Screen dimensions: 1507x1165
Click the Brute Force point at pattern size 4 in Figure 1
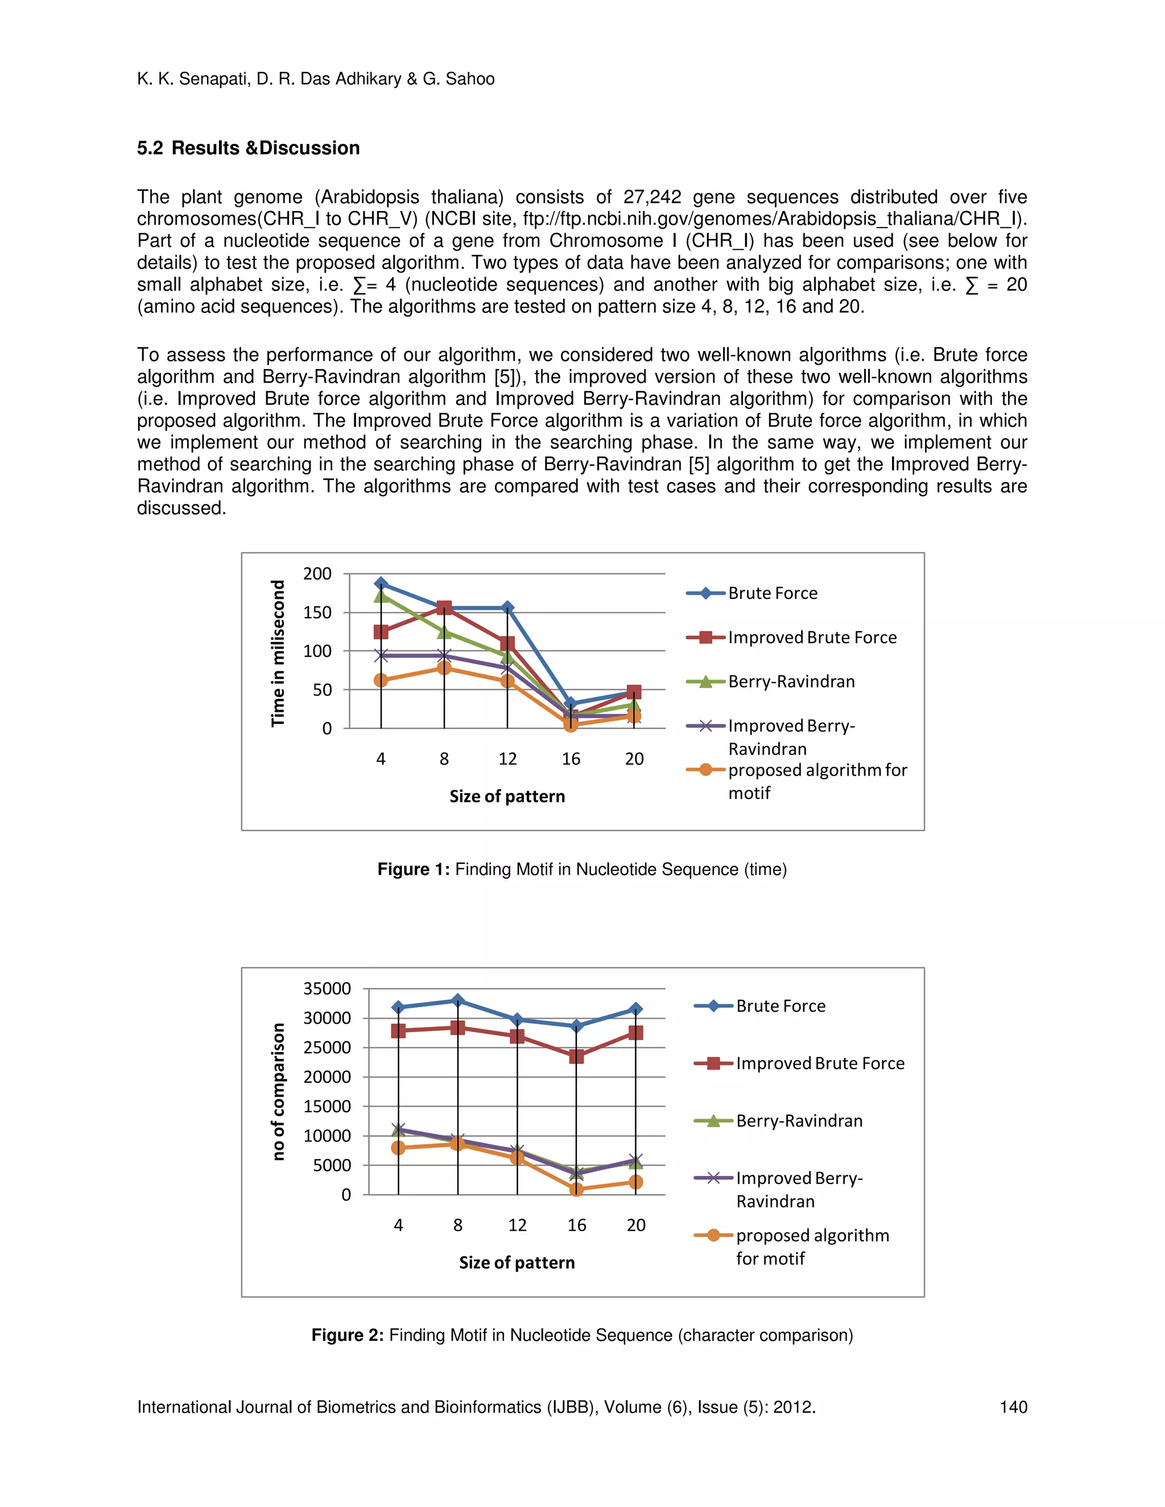(x=381, y=584)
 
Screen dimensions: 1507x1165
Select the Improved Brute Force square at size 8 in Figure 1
(x=444, y=608)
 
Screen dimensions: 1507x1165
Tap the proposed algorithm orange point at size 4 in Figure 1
(x=381, y=680)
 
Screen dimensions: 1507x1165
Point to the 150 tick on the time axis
(x=317, y=612)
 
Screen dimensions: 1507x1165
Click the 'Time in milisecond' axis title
(x=278, y=653)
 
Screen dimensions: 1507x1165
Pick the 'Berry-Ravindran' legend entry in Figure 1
(x=791, y=682)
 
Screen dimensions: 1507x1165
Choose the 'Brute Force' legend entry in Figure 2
(x=780, y=1006)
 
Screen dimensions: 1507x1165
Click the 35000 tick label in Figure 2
(x=327, y=989)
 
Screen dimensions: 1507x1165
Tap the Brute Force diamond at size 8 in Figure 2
(x=457, y=1000)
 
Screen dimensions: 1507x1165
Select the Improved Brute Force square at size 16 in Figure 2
(x=576, y=1055)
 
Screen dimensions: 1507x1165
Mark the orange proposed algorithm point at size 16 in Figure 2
(x=576, y=1189)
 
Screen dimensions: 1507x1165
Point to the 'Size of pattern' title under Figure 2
(x=517, y=1262)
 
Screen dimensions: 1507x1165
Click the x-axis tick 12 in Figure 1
(x=507, y=759)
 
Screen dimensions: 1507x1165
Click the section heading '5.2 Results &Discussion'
(x=249, y=148)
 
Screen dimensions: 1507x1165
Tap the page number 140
(x=1013, y=1407)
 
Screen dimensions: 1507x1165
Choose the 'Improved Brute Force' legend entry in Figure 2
(x=819, y=1063)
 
